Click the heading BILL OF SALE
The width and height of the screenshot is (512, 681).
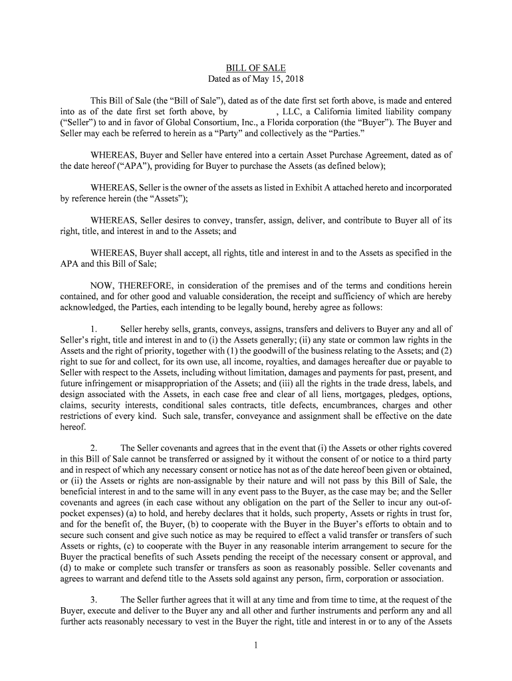point(256,68)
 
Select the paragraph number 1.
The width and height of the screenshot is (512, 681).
point(94,329)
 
